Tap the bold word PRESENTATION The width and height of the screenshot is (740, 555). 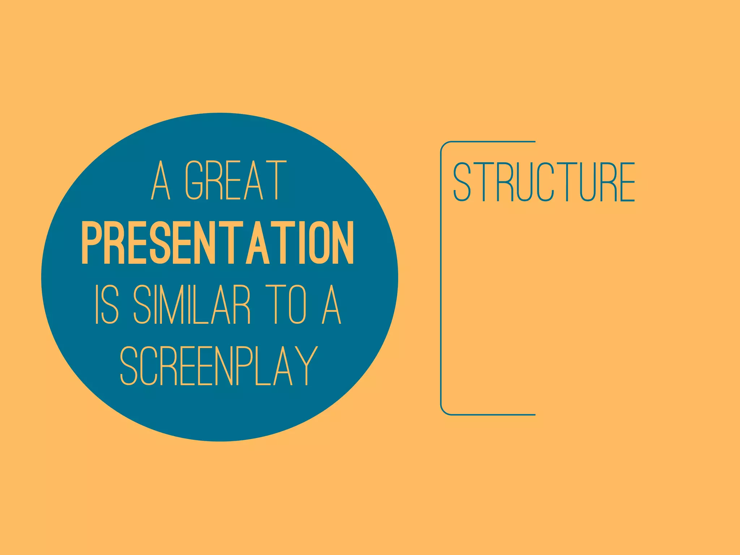tap(218, 243)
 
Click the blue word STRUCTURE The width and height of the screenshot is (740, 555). tap(544, 182)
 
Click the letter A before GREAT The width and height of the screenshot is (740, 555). tap(160, 181)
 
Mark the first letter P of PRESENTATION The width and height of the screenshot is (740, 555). tap(90, 243)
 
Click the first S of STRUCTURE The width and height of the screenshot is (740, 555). tap(462, 182)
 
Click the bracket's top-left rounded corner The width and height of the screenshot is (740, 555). tap(444, 145)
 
